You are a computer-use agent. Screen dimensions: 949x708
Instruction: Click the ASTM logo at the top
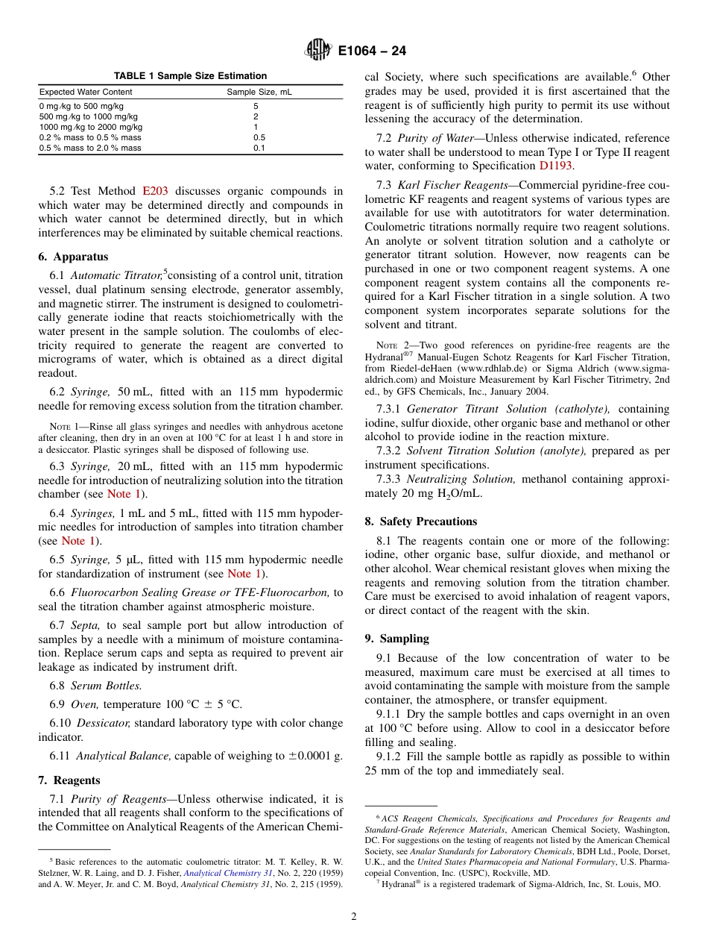(318, 51)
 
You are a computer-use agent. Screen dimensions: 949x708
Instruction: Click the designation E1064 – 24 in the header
(372, 51)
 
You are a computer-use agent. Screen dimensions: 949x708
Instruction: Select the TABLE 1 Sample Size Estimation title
(190, 76)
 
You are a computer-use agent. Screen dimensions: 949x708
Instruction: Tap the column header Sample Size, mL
(259, 92)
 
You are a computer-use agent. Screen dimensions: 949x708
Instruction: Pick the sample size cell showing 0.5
(259, 137)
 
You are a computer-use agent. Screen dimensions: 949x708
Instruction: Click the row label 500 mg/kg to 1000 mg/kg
(88, 116)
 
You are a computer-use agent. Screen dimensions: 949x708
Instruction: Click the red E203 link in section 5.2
(155, 192)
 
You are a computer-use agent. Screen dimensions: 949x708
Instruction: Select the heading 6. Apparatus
(73, 257)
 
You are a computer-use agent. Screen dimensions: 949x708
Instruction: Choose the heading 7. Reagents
(69, 780)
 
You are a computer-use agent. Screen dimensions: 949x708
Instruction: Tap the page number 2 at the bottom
(354, 917)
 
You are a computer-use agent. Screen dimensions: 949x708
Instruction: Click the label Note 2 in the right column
(392, 345)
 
